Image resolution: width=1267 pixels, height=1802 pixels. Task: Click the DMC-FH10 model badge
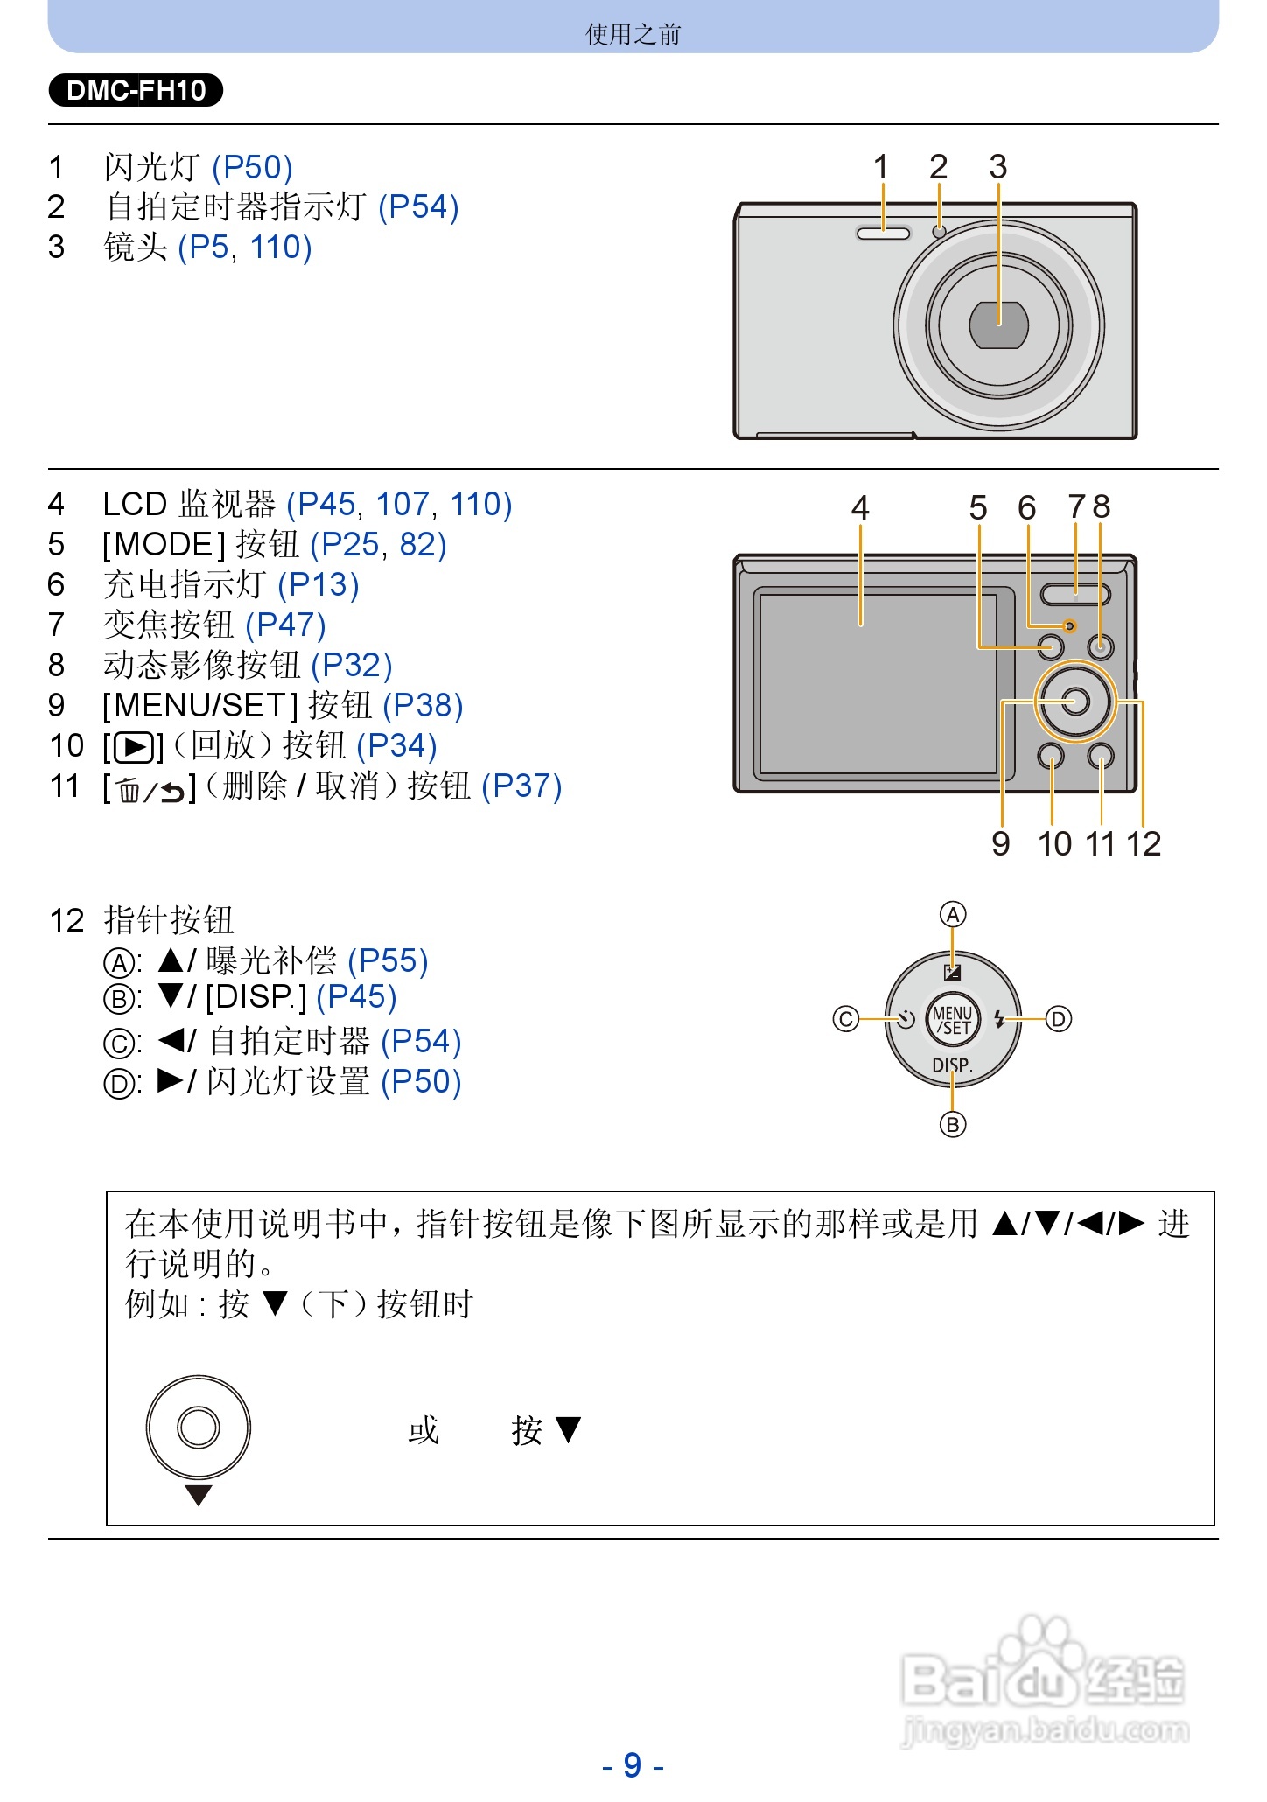tap(136, 90)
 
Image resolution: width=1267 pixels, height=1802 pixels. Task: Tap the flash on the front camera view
tap(883, 233)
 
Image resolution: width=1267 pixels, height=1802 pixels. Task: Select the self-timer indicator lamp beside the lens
tap(939, 232)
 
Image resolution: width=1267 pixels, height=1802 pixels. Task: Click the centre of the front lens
tap(998, 325)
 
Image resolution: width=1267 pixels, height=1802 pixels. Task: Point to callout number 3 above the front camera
tap(997, 166)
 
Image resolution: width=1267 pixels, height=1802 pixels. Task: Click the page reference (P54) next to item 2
tap(418, 207)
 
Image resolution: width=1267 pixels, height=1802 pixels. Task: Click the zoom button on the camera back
tap(1075, 594)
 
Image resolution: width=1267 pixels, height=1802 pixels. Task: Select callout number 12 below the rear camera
tap(1143, 843)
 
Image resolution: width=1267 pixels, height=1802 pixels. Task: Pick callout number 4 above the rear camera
tap(860, 507)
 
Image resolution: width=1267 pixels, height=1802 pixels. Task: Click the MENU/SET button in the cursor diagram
tap(953, 1020)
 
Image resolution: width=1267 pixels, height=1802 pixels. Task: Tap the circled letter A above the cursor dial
tap(953, 915)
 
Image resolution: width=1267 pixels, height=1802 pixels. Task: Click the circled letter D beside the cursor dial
tap(1059, 1019)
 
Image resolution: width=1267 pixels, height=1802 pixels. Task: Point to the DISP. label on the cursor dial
tap(952, 1065)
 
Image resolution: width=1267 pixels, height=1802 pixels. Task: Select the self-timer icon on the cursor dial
tap(906, 1019)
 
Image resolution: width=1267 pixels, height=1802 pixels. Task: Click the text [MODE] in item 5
tap(164, 545)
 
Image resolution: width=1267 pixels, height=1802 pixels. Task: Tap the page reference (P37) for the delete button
tap(521, 786)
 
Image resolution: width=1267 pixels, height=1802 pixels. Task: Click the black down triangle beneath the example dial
tap(199, 1495)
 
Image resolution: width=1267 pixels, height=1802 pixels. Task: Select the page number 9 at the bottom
tap(633, 1765)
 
